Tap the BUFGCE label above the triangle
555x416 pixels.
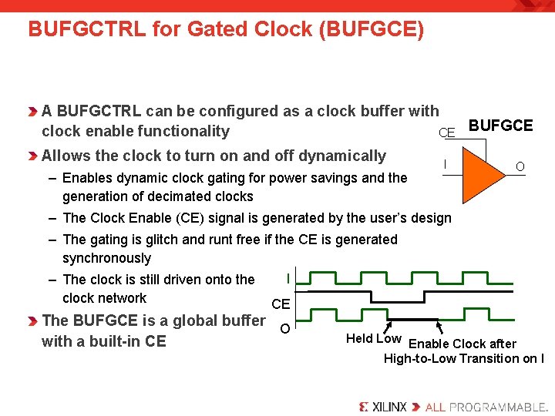(x=501, y=126)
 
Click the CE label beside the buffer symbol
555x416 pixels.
(x=446, y=133)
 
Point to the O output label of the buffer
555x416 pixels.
(x=520, y=166)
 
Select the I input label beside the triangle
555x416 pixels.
(x=445, y=163)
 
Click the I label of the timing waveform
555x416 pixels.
(x=288, y=278)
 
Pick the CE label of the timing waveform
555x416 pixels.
(x=281, y=305)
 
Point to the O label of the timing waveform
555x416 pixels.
(x=284, y=329)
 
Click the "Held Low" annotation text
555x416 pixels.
(x=374, y=339)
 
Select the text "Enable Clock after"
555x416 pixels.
(x=462, y=344)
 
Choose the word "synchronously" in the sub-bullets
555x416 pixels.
(x=106, y=258)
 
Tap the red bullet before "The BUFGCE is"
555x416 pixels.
(x=32, y=321)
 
